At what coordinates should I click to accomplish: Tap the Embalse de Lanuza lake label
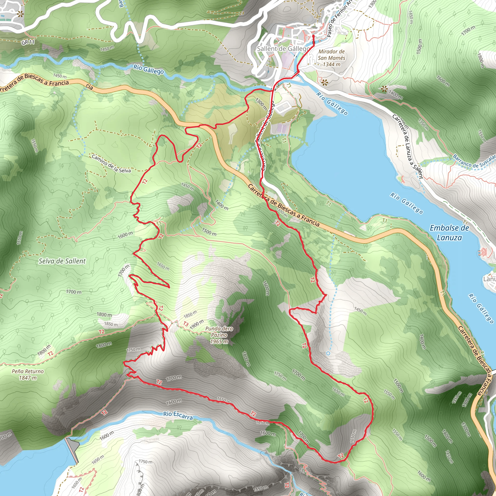point(449,232)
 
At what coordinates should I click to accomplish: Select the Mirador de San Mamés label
point(332,58)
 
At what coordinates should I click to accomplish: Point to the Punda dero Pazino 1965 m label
point(219,335)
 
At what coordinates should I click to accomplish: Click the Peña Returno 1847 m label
point(28,374)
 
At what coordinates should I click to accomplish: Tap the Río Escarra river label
point(178,415)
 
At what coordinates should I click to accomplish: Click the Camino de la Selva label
point(111,163)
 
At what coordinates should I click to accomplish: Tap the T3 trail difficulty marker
point(186,324)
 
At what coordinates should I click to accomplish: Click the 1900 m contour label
point(197,325)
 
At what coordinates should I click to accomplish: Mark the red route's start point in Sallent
point(313,36)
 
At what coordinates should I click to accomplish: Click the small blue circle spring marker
point(328,354)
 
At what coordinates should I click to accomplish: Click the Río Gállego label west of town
point(148,69)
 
